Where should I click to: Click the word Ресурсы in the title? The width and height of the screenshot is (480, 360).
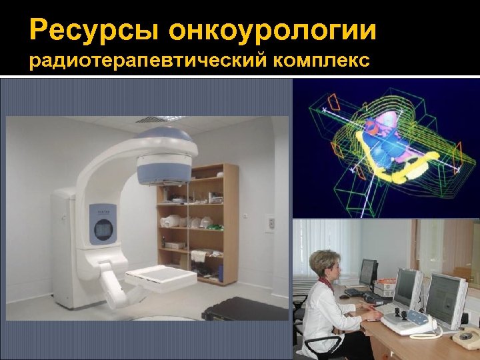click(x=94, y=31)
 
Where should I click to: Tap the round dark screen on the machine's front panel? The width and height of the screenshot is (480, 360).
click(x=105, y=229)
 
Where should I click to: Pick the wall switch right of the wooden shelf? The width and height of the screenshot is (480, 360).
click(x=245, y=216)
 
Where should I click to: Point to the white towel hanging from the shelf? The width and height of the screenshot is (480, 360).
click(x=201, y=256)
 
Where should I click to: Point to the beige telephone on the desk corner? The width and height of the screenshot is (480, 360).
click(x=467, y=337)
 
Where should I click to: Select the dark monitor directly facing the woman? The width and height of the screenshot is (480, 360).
click(x=367, y=271)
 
